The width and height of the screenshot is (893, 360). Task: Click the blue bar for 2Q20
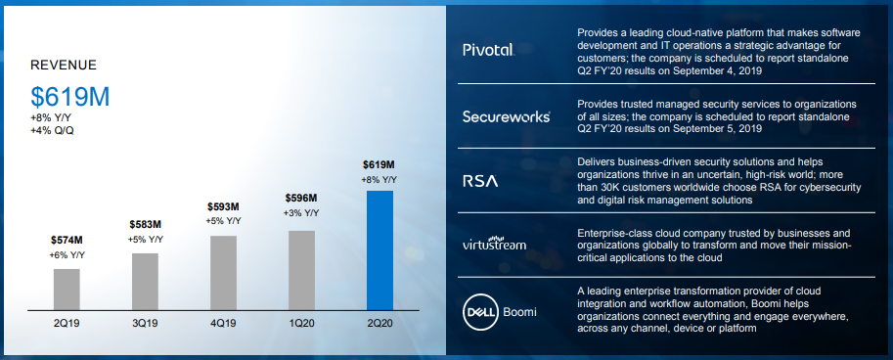(x=380, y=250)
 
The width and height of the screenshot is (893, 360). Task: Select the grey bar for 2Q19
(x=67, y=290)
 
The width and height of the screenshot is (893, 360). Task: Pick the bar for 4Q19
(x=223, y=273)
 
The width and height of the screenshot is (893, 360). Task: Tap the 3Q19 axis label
(x=145, y=324)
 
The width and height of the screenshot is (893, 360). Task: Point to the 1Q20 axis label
(x=301, y=324)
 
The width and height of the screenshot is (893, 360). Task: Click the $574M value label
(x=67, y=241)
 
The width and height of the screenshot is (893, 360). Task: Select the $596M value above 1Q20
(x=301, y=199)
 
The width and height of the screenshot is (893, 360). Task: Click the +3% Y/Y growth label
(x=301, y=213)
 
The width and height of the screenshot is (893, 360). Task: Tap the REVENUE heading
(x=64, y=66)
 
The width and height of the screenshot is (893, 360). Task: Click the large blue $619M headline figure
(x=70, y=98)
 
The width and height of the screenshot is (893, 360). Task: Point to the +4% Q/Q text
(x=52, y=130)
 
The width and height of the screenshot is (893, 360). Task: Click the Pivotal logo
(x=489, y=50)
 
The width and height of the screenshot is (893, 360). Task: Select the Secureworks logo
(x=507, y=116)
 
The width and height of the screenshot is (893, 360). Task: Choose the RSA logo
(x=480, y=181)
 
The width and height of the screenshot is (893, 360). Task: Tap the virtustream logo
(x=494, y=244)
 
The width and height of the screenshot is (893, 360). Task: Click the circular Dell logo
(x=480, y=312)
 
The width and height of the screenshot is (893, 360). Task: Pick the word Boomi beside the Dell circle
(x=520, y=312)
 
